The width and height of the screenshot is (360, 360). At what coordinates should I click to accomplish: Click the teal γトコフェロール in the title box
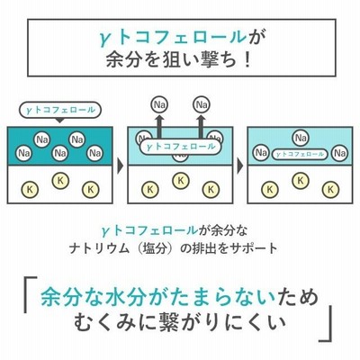coord(173,38)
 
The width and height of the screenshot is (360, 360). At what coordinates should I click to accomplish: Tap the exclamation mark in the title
coord(247,59)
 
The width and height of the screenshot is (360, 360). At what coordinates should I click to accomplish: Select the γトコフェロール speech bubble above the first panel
coord(60,111)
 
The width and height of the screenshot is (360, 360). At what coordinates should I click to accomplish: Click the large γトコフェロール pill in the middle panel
coord(181,147)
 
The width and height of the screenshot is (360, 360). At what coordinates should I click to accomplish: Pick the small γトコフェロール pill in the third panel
coord(300,154)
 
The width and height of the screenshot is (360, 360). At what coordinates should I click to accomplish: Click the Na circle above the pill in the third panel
coord(301,138)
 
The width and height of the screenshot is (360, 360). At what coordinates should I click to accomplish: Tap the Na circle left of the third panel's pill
coord(261,153)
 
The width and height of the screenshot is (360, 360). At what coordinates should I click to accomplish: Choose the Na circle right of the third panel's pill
coord(339,153)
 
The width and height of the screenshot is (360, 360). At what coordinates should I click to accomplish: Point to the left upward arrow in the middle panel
coord(159,127)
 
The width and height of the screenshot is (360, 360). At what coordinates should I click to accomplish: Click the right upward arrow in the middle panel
coord(202,127)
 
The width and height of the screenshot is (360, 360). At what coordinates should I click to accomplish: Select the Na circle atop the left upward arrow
coord(159,104)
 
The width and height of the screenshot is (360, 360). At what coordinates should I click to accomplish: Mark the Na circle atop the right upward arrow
coord(202,104)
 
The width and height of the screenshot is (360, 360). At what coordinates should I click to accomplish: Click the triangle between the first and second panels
coord(120,166)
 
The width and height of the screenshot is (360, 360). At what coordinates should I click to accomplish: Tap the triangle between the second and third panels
coord(240,166)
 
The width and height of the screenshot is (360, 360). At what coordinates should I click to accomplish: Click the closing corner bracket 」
coord(327,324)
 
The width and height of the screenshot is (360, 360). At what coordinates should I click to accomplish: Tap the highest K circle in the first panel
coord(60,181)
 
